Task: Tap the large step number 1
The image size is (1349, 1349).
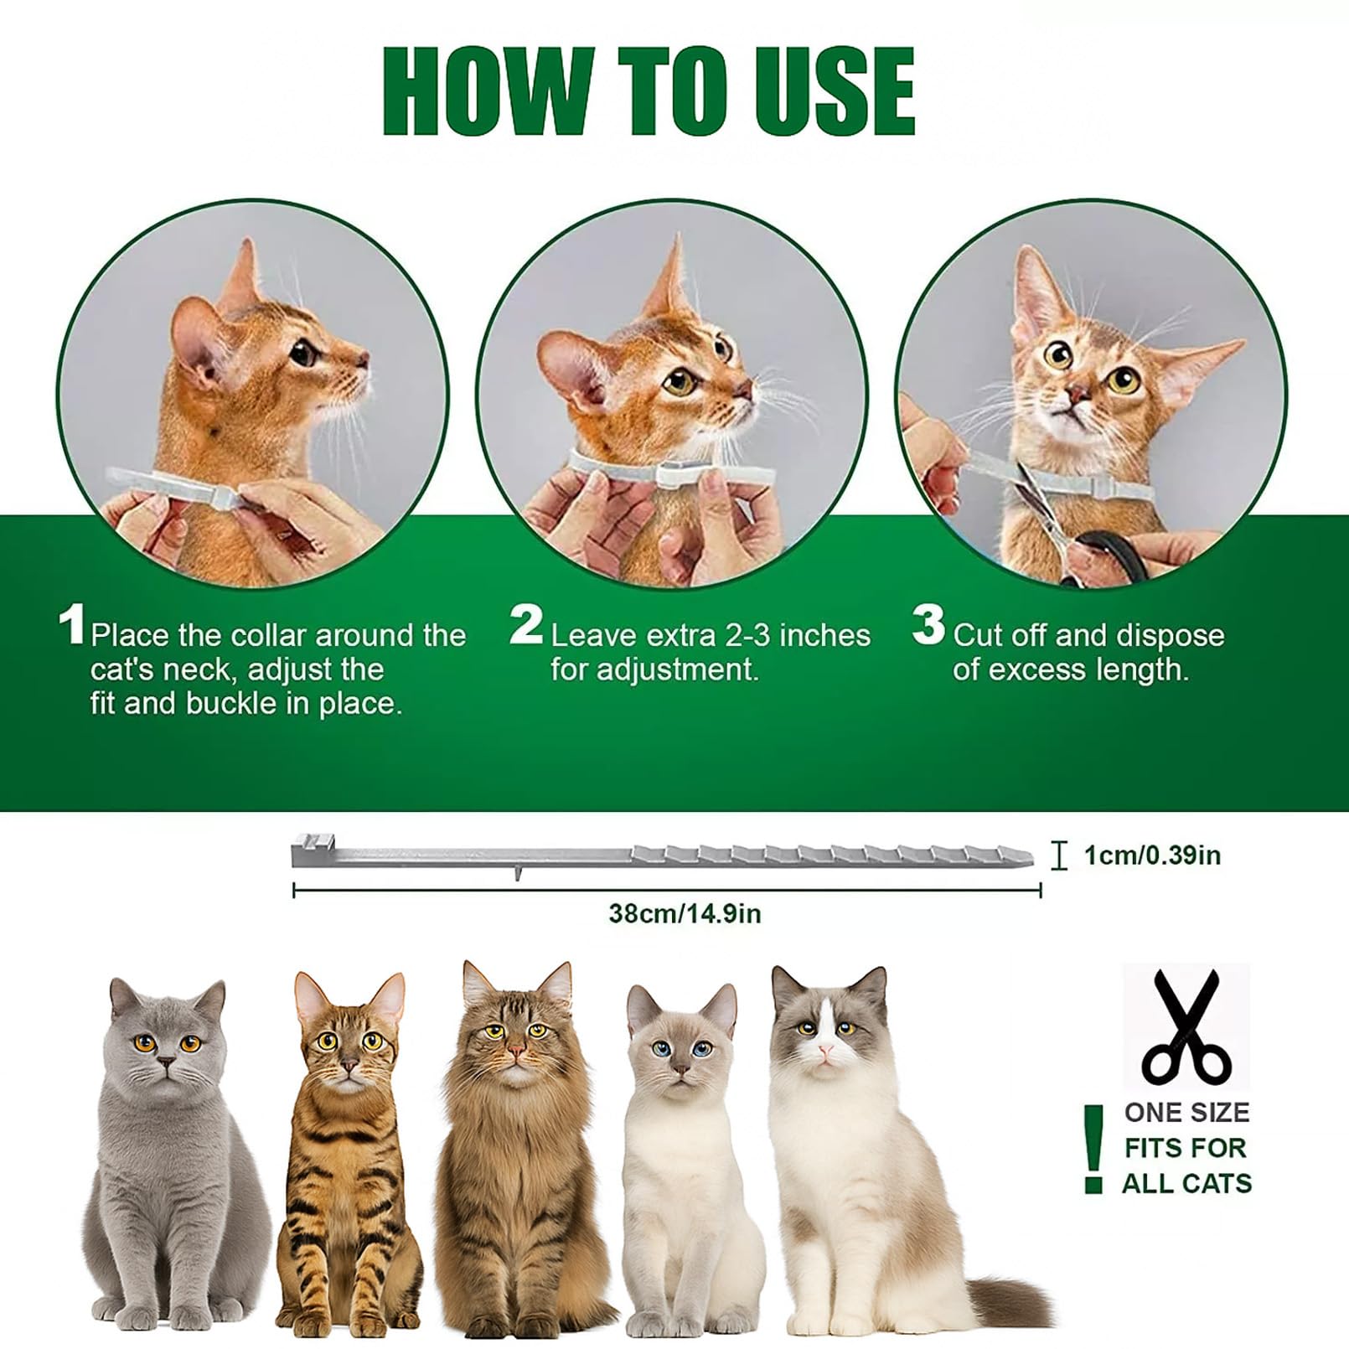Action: (73, 626)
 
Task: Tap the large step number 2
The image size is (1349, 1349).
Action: (526, 626)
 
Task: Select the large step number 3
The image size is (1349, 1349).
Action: (928, 626)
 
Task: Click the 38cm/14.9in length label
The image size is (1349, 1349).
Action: (685, 913)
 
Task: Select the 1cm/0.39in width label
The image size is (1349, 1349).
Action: (1152, 855)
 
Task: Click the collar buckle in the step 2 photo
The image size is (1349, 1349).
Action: (674, 475)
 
